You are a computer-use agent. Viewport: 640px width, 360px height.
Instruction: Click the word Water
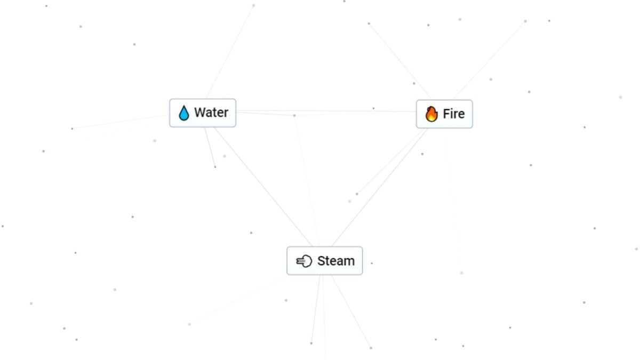point(211,113)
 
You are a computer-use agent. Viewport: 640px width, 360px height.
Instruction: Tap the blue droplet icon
point(184,113)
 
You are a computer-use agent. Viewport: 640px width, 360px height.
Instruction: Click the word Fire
point(453,114)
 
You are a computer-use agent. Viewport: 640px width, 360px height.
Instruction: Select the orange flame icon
point(431,114)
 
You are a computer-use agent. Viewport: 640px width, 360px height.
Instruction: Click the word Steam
point(335,261)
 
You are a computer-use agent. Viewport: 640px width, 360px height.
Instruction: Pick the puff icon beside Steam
point(304,261)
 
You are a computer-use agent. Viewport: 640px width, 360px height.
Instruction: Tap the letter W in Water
point(200,113)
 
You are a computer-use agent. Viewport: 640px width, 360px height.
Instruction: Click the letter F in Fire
point(446,114)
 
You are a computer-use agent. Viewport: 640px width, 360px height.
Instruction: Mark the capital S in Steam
point(321,261)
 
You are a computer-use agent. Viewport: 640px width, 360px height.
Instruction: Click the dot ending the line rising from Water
point(253,5)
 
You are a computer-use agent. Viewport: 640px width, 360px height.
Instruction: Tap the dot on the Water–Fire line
point(294,115)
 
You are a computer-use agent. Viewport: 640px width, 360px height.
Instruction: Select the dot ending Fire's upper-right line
point(525,21)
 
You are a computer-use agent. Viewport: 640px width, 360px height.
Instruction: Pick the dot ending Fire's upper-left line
point(369,23)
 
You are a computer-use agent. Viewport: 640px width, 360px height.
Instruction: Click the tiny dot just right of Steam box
point(372,263)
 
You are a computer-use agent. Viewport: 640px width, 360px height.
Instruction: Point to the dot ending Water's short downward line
point(215,167)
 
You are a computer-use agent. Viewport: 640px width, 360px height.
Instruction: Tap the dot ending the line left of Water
point(72,129)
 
